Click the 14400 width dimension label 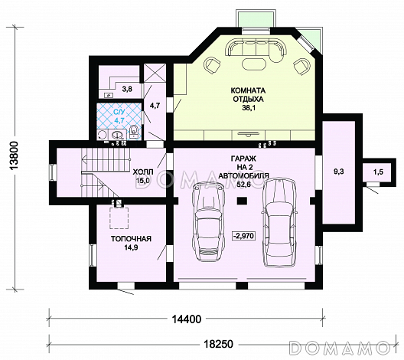187,319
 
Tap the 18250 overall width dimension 219,344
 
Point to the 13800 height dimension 15,155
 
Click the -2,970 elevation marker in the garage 244,236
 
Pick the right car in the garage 279,222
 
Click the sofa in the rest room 256,47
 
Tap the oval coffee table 254,64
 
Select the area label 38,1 248,108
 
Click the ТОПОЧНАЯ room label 131,239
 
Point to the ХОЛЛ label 143,172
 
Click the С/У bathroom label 119,112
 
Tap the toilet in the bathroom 134,131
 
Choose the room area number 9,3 339,172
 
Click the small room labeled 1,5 378,172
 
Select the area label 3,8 127,89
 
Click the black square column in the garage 243,201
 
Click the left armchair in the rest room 213,65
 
